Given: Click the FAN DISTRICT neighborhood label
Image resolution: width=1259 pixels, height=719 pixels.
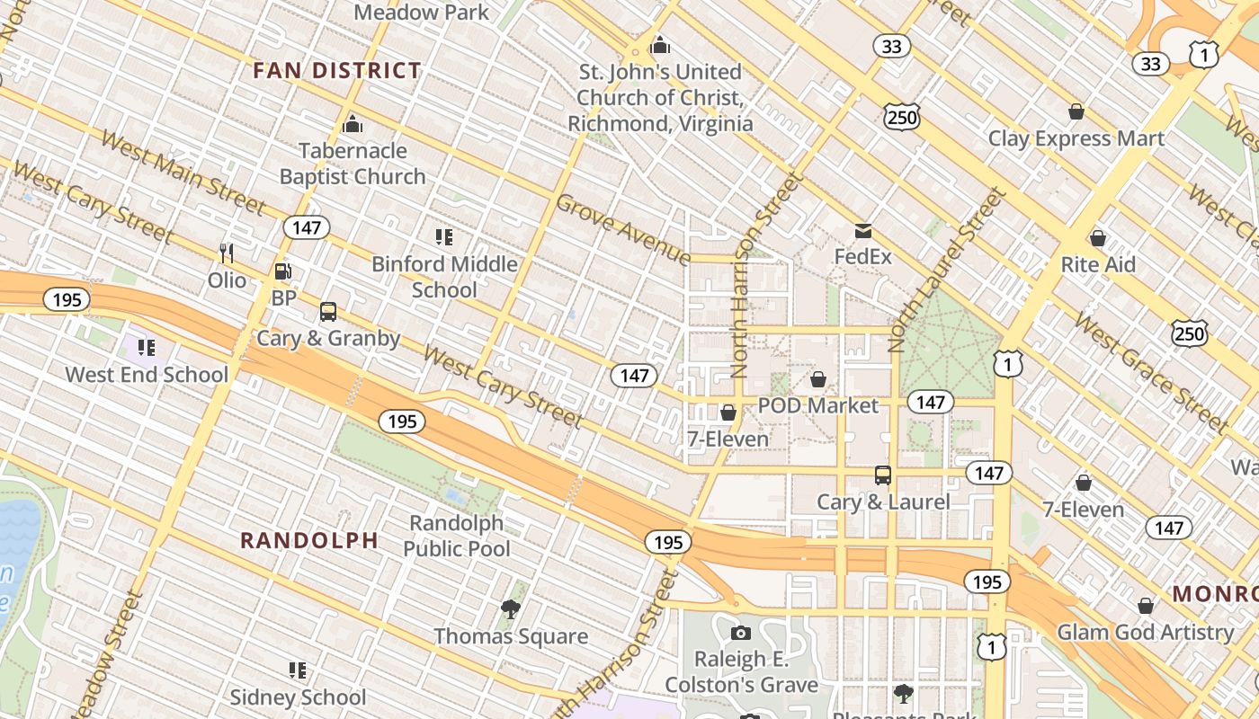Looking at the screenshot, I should (x=336, y=71).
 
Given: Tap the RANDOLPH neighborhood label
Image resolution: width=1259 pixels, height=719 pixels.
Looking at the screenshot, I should (x=308, y=540).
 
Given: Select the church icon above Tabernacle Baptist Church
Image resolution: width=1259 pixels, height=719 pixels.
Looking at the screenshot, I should (x=353, y=123).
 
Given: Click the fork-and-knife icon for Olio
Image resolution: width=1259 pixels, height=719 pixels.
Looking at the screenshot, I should (x=227, y=253).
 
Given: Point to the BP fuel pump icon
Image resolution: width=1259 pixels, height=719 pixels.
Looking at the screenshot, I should (x=282, y=271).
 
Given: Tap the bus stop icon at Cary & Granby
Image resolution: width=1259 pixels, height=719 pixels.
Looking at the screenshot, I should (x=328, y=312).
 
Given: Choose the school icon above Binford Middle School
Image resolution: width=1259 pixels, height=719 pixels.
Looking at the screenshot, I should (x=443, y=237).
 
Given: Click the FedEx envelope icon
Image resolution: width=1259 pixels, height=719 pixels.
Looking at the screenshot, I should (x=863, y=231).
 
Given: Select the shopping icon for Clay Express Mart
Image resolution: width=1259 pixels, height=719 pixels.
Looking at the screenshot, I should (x=1076, y=111).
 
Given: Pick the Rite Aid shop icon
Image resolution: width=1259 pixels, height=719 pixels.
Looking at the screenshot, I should (x=1097, y=238).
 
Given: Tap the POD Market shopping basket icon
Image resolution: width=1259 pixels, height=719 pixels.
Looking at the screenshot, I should (x=818, y=379).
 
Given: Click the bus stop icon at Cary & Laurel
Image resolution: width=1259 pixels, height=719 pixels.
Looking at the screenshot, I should (x=883, y=475).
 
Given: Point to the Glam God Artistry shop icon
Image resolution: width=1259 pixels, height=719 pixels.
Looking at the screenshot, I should (x=1145, y=606).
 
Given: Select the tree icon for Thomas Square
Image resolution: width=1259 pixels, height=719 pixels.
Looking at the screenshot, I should (x=511, y=609).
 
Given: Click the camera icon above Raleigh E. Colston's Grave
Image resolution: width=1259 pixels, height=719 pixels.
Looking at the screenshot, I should (x=741, y=633).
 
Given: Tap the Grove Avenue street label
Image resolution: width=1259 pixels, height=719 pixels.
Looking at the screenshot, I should (x=622, y=230).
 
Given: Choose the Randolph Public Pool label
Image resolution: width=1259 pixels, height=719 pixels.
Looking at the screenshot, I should (x=457, y=536).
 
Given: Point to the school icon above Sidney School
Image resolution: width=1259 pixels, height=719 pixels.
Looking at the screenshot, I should (x=298, y=670).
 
